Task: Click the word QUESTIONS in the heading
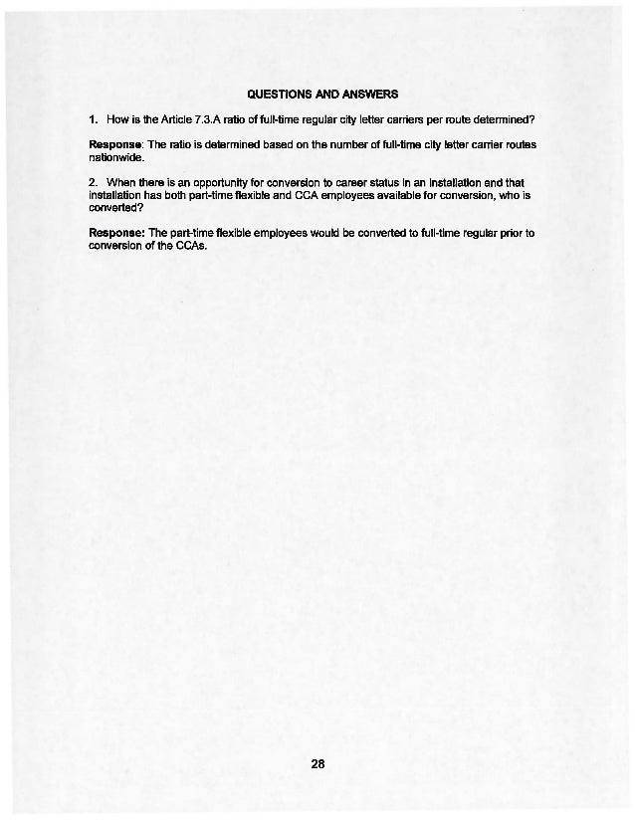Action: tap(280, 96)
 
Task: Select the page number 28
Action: tap(317, 765)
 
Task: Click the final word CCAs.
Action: tap(188, 246)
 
